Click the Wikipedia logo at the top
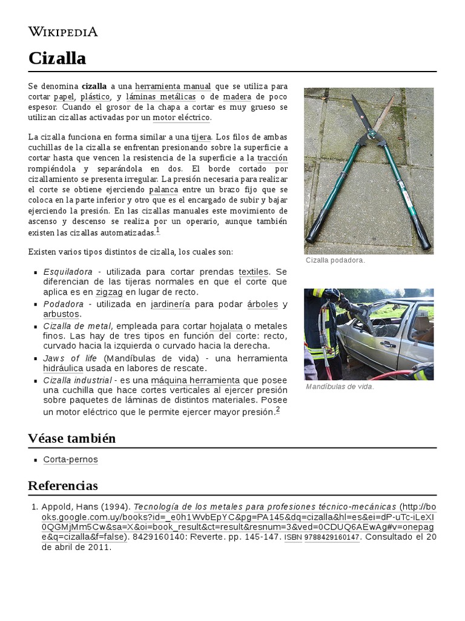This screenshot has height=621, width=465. (63, 32)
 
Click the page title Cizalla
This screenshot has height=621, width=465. (57, 58)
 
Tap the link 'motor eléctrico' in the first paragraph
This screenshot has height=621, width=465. (181, 117)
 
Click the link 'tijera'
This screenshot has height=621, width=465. (201, 137)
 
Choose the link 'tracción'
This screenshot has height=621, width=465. (272, 158)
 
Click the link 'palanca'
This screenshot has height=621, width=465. (163, 189)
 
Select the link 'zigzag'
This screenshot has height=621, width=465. (109, 292)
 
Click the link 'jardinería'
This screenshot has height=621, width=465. (170, 304)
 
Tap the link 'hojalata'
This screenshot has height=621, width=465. (226, 326)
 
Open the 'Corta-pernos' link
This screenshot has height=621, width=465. (70, 460)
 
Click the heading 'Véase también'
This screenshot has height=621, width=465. (71, 438)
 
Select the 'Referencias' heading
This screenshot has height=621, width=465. (62, 486)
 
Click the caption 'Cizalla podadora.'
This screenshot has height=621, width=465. (335, 260)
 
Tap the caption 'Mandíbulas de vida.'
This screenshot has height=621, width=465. (340, 386)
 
